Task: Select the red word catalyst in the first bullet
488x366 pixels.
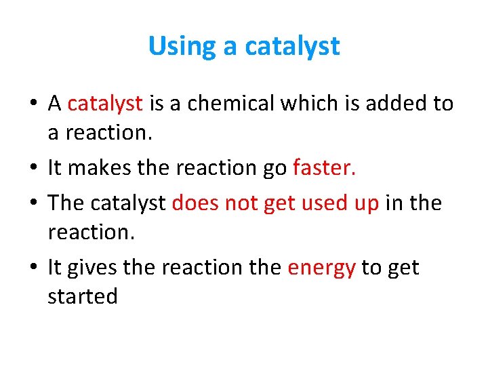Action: (x=105, y=103)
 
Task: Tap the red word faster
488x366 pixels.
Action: (x=325, y=167)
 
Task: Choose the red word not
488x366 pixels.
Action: (x=241, y=203)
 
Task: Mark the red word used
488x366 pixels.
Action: (x=321, y=203)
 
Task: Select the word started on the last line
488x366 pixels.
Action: (x=83, y=296)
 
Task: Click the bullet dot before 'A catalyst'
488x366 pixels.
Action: (x=33, y=104)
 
